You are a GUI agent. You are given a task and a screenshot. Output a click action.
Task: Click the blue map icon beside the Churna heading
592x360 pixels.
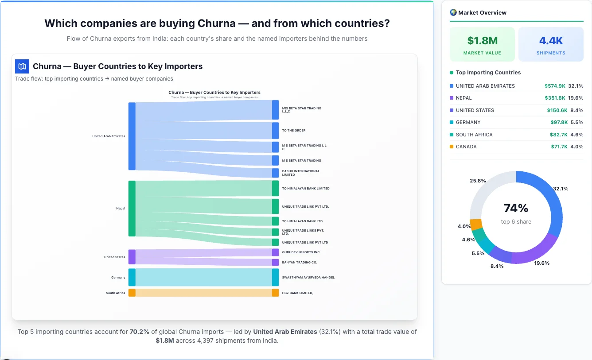pos(22,66)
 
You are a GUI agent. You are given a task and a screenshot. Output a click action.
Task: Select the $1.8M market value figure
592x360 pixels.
pos(482,41)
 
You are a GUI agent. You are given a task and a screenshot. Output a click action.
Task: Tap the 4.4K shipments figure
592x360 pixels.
pos(551,41)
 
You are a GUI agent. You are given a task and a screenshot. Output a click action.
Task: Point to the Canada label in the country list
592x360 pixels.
pos(466,147)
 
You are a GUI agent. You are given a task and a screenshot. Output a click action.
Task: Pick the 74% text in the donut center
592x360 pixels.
pos(516,208)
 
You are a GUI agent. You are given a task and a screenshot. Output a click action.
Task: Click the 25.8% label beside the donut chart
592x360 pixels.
pos(478,181)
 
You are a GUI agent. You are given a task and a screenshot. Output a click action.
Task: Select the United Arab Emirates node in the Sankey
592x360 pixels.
pos(132,136)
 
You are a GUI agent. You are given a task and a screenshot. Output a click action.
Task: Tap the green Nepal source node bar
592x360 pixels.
pos(132,208)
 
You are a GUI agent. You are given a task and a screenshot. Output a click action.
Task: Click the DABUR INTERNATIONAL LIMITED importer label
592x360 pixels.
pos(300,173)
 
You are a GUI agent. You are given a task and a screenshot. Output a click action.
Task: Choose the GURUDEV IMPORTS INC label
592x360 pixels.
pos(300,252)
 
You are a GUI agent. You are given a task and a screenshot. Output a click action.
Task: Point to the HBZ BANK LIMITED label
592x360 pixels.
pos(297,293)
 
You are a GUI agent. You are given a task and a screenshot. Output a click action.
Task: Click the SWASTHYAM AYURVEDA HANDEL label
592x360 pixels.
pos(308,278)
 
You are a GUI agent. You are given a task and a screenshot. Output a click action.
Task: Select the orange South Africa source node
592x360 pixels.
pos(132,293)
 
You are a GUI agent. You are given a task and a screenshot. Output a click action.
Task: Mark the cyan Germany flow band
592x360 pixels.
pos(204,278)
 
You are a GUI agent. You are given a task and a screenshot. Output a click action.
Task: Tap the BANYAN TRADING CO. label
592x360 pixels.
pos(299,263)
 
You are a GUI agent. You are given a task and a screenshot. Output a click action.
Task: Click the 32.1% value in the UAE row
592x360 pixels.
pos(576,86)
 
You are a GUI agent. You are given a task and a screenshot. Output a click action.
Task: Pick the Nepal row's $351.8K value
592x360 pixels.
pos(557,98)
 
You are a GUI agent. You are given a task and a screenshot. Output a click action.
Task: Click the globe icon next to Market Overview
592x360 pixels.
pos(453,12)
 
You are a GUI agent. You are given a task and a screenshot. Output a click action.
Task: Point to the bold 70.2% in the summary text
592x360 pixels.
pos(137,332)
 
